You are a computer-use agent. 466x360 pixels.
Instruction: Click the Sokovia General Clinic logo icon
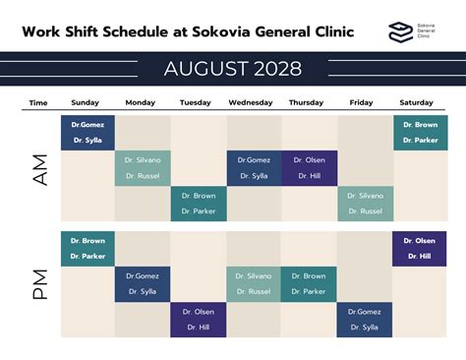point(398,31)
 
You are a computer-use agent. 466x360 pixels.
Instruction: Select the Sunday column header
point(86,102)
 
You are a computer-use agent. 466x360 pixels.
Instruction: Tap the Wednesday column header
point(251,102)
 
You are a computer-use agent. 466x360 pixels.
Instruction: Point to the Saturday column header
point(417,102)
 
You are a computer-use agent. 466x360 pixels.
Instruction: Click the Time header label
point(38,102)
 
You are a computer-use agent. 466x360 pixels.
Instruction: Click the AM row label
point(39,168)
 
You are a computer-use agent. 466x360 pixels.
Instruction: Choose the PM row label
point(39,284)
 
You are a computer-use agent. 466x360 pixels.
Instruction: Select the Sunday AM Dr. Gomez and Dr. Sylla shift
point(87,133)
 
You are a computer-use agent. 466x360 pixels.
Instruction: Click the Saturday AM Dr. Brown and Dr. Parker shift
point(420,133)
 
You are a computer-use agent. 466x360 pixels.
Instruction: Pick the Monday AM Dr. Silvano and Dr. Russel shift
point(143,168)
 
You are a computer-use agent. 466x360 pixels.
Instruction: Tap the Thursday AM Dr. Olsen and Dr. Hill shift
point(309,168)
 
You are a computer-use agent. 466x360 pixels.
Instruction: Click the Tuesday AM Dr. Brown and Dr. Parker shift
point(198,204)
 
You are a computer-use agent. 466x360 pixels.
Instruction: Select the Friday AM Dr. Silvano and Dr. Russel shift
point(365,204)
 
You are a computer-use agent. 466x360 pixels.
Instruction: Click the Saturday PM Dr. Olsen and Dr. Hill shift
point(420,249)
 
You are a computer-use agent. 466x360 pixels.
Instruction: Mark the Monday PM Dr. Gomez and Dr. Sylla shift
point(143,284)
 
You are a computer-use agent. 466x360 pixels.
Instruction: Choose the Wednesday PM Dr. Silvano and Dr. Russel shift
point(253,284)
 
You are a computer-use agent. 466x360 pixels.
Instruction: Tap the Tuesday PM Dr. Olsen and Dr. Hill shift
point(198,320)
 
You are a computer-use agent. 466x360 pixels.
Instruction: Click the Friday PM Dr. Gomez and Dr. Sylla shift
point(365,320)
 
